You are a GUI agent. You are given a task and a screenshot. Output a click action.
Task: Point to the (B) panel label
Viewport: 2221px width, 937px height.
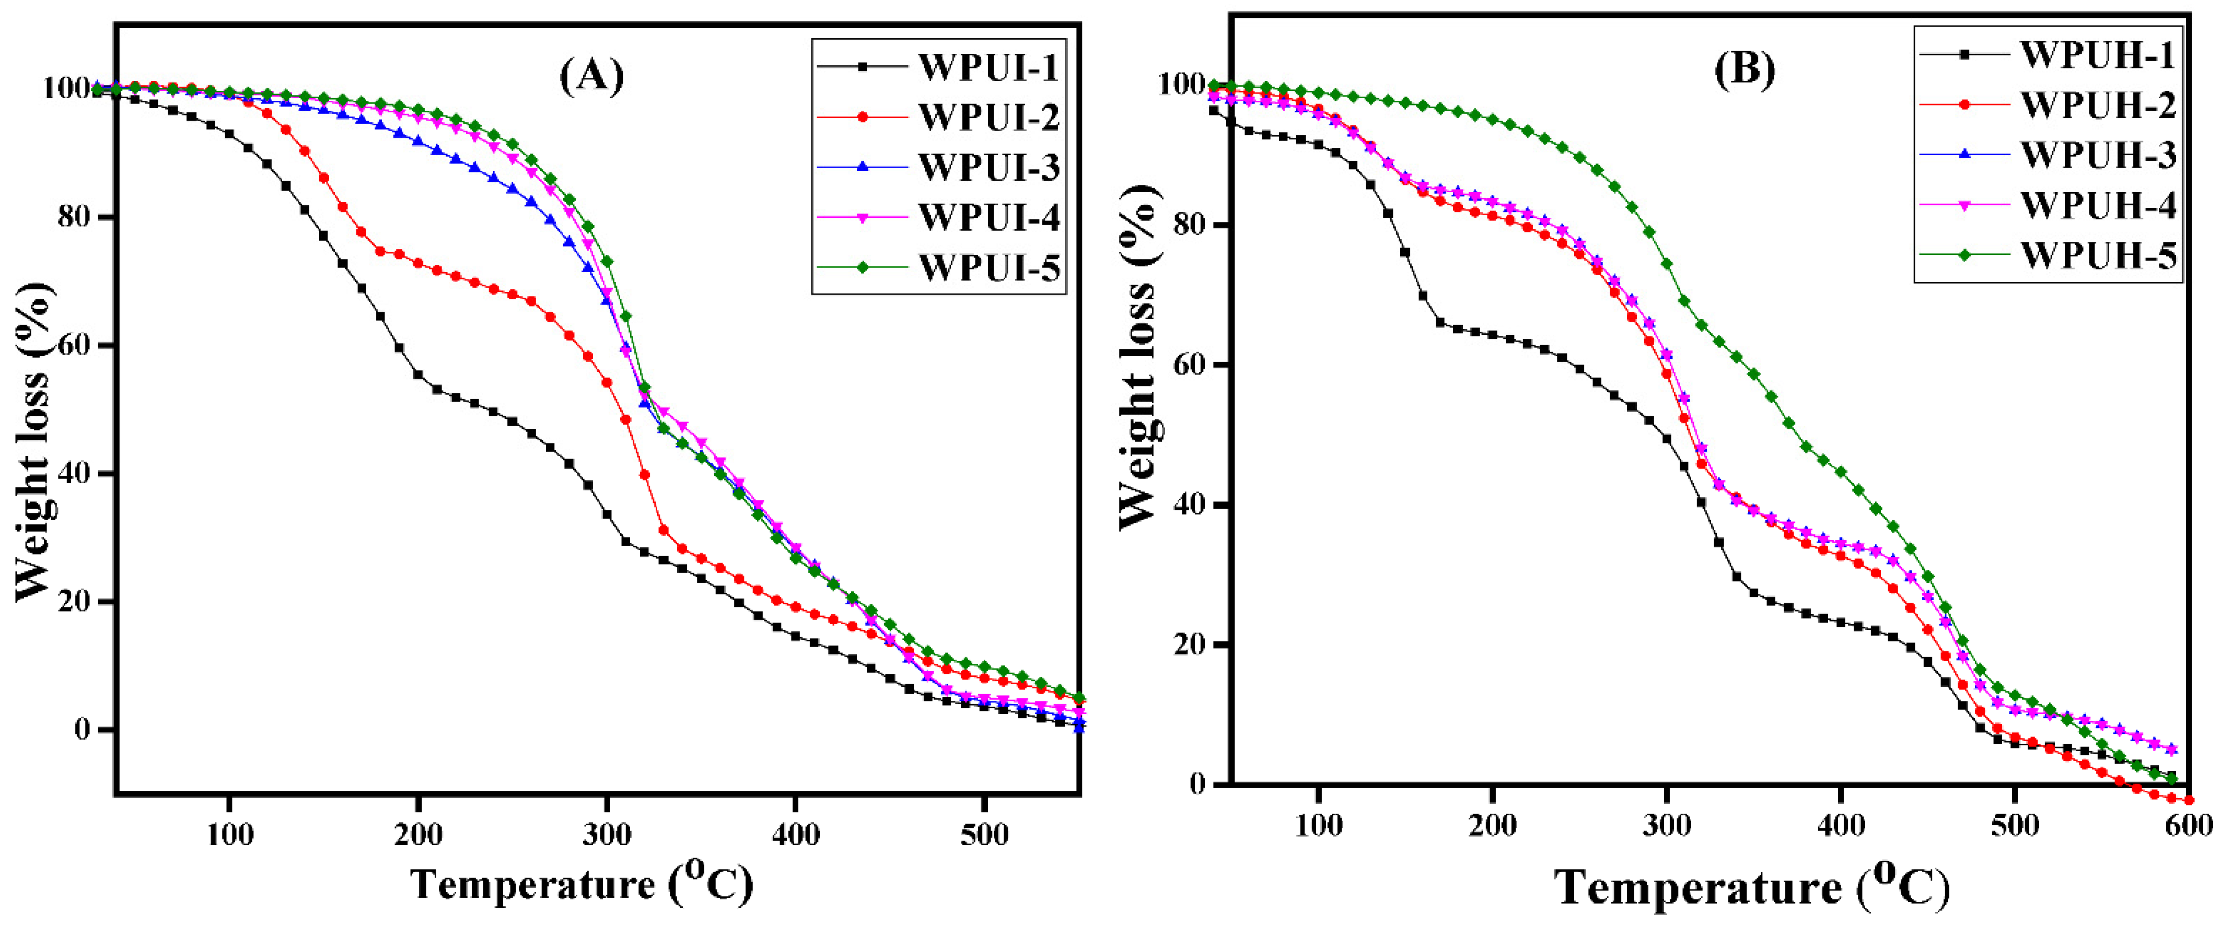coord(1743,69)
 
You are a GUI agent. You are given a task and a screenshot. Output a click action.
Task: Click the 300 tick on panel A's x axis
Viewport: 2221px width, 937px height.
coord(607,835)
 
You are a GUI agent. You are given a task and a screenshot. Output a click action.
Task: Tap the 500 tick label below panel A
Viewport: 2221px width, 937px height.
coord(985,835)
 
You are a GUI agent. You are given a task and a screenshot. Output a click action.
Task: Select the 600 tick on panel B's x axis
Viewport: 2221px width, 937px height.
coord(2188,826)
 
